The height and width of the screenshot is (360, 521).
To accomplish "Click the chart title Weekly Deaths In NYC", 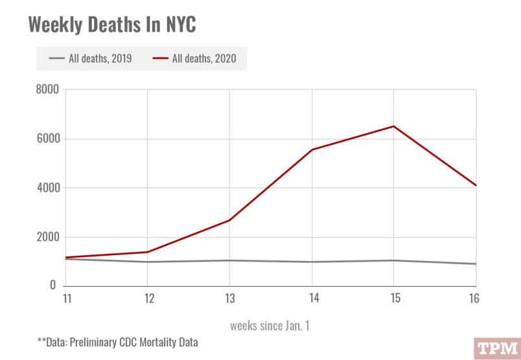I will click(x=112, y=25).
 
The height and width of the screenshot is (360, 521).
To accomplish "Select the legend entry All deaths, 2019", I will click(x=90, y=59).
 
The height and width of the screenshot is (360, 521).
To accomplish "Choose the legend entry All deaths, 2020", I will click(x=194, y=59).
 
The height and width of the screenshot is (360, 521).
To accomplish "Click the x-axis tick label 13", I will click(x=229, y=298).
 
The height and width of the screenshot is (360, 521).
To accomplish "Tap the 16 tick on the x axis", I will click(x=475, y=298).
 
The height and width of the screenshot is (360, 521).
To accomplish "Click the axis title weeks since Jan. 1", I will click(x=270, y=326).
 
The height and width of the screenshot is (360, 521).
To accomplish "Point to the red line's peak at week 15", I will click(x=394, y=126).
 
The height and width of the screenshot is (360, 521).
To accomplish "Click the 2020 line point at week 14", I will click(x=312, y=150).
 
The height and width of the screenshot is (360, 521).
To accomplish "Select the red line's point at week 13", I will click(x=229, y=220).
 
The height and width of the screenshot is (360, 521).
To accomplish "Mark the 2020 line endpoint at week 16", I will click(x=476, y=185).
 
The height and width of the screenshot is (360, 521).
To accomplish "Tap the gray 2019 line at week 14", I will click(x=312, y=262).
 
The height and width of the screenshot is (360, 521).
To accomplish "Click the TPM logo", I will click(x=496, y=348).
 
